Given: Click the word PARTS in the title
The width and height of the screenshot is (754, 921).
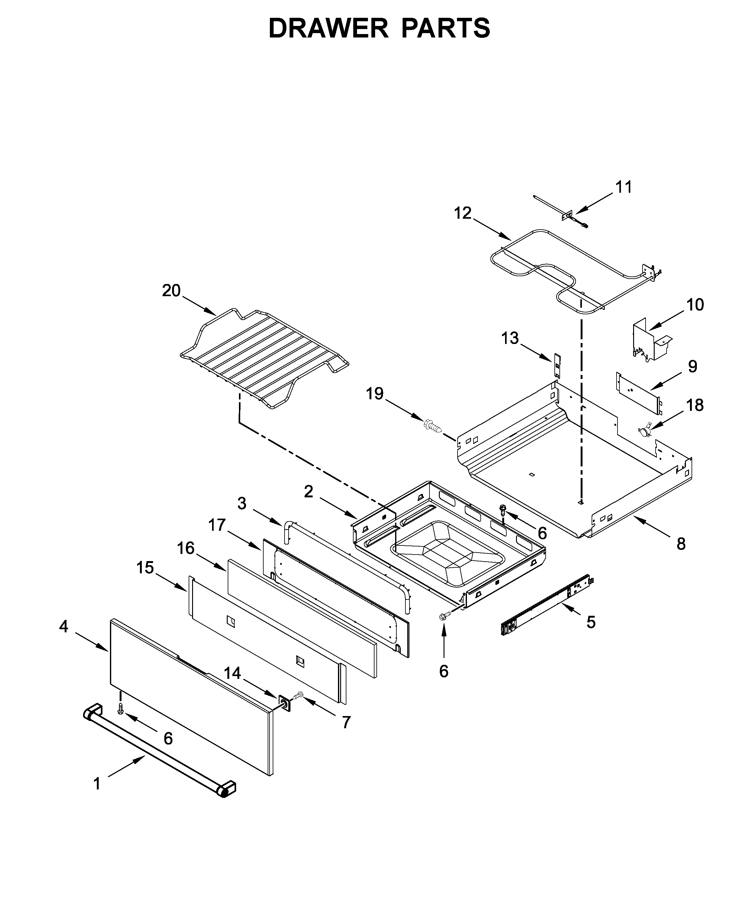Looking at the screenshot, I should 446,29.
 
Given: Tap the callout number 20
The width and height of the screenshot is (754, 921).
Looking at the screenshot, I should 171,291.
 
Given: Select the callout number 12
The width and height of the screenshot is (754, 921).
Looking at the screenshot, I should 463,213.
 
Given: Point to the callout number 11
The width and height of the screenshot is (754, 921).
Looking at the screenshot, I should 624,187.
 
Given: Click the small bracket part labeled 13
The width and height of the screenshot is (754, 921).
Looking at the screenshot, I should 557,365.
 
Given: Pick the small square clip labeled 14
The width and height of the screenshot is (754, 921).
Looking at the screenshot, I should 285,703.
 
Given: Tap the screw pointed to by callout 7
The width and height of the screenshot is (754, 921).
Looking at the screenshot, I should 298,696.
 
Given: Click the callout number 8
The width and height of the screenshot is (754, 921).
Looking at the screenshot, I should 681,544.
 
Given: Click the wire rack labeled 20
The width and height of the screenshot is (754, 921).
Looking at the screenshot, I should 265,358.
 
